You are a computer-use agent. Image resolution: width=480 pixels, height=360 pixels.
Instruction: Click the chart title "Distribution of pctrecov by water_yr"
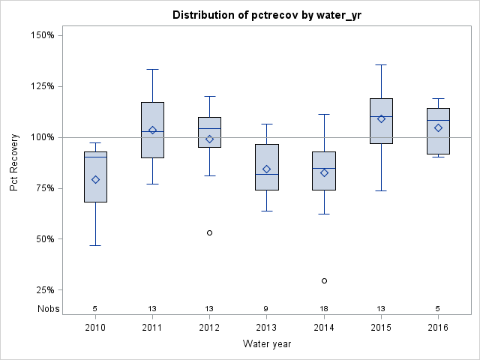click(269, 15)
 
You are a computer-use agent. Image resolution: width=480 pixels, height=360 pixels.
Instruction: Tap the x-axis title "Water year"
click(266, 343)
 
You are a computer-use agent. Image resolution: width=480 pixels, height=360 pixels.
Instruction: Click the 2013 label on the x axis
click(266, 328)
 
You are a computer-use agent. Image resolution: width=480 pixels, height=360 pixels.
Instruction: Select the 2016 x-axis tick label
click(438, 328)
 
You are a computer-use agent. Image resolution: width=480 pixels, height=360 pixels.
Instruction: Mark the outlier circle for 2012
click(209, 232)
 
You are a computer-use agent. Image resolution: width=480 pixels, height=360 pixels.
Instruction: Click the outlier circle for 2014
click(324, 280)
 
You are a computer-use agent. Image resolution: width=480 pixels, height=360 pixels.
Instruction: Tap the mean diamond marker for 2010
click(95, 179)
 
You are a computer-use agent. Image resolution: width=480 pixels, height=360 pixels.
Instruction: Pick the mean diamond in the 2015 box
click(381, 118)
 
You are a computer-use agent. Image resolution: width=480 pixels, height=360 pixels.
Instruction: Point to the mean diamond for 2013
click(266, 169)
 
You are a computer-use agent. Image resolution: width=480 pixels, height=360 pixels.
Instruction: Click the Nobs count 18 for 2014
click(324, 308)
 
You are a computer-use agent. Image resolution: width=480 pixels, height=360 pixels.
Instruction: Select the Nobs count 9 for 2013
click(266, 308)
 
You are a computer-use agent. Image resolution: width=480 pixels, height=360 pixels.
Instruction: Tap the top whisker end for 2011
click(152, 69)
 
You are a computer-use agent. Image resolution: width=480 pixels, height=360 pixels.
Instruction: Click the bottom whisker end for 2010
click(95, 245)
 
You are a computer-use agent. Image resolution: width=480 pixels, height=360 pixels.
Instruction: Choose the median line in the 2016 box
click(438, 120)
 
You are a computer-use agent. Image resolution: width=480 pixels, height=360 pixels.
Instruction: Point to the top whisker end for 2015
click(381, 64)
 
